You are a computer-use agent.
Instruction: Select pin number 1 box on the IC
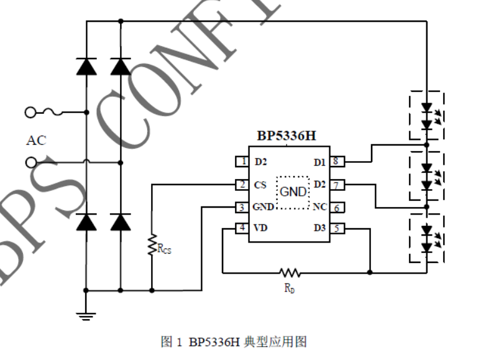coord(242,162)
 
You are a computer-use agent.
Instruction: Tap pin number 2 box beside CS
coord(242,185)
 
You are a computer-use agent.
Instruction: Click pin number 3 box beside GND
coord(242,207)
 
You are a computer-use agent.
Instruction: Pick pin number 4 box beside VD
coord(242,229)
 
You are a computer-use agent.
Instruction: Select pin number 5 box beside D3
coord(336,229)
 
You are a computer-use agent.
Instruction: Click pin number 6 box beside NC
coord(336,208)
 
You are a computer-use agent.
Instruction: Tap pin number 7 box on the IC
coord(336,185)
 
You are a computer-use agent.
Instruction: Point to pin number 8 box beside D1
coord(336,162)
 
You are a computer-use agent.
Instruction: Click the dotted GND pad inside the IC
coord(293,192)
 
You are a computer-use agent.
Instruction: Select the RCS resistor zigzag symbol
coord(152,245)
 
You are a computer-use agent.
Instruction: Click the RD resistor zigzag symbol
coord(290,272)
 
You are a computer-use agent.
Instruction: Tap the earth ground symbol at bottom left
coord(86,315)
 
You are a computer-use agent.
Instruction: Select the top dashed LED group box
coord(426,116)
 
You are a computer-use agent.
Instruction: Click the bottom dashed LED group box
coord(426,239)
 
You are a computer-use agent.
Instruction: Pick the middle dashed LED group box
coord(426,177)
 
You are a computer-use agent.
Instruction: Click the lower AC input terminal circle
coord(30,163)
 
